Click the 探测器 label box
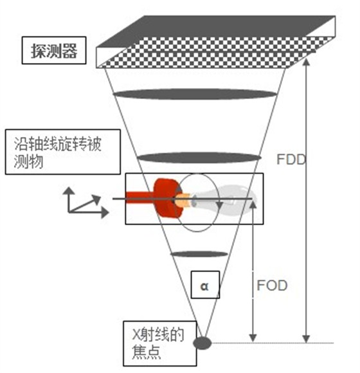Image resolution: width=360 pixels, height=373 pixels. click(x=54, y=50)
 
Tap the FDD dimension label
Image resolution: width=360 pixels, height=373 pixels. click(x=291, y=159)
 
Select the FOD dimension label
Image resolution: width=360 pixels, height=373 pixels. click(x=272, y=286)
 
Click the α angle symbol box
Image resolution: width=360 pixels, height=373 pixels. click(x=205, y=284)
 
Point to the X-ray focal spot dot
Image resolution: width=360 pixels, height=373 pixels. click(x=202, y=343)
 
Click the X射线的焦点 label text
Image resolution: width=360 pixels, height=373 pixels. click(x=157, y=343)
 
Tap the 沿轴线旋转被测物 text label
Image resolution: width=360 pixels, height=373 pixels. click(x=58, y=152)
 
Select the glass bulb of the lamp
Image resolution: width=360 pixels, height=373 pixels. click(x=226, y=199)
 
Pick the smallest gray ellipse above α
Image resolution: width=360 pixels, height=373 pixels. click(x=199, y=254)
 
